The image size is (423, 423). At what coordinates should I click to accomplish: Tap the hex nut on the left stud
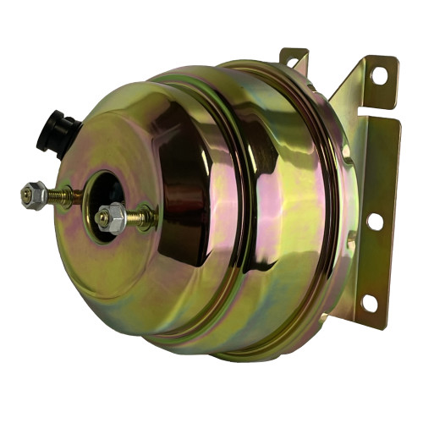tap(36, 195)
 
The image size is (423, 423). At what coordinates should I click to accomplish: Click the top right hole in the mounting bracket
tap(377, 74)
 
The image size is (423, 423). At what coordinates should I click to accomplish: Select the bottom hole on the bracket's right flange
tap(369, 301)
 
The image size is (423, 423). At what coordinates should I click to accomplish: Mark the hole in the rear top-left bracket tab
tap(293, 62)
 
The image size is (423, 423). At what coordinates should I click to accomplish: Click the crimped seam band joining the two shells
tap(254, 211)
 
